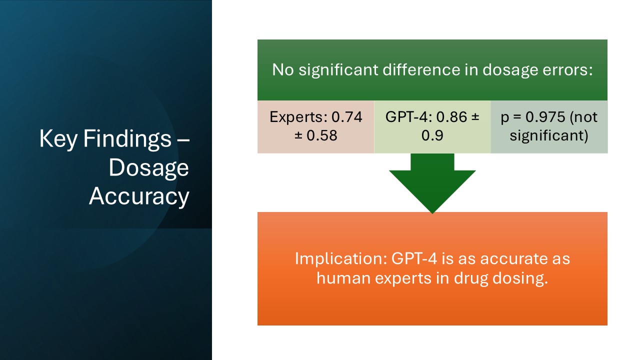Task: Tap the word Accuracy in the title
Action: pyautogui.click(x=139, y=196)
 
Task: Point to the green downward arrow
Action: pyautogui.click(x=432, y=182)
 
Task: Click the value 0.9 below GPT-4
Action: pyautogui.click(x=432, y=135)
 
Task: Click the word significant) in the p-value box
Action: pyautogui.click(x=549, y=135)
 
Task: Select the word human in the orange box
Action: pyautogui.click(x=343, y=278)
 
